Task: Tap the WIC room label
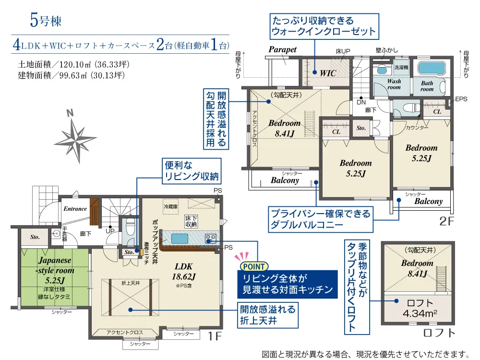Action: pos(328,73)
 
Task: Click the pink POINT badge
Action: pos(254,266)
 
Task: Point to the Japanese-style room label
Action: pos(55,270)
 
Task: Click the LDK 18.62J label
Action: pos(184,271)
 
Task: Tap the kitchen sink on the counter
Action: pos(180,238)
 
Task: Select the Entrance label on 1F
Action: pos(75,209)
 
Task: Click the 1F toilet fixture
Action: pos(131,227)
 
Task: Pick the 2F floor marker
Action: pos(446,221)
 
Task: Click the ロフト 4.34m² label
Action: pos(420,308)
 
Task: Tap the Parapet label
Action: pos(283,49)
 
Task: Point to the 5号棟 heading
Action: pos(46,21)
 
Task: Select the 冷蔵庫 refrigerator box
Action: pos(170,206)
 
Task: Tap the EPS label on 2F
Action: pos(461,99)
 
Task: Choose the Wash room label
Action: pos(394,84)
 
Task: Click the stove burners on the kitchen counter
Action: pos(210,238)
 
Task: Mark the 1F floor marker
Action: pos(215,336)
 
